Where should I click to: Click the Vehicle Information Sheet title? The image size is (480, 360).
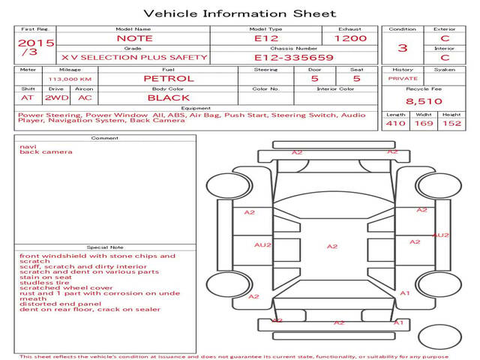click(239, 13)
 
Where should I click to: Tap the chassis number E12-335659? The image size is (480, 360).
click(283, 57)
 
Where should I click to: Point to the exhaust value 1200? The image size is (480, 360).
click(350, 38)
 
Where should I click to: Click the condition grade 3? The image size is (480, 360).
click(403, 48)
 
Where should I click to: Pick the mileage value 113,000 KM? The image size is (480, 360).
click(70, 78)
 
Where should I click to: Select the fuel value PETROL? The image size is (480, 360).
click(169, 78)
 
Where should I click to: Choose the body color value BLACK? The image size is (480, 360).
click(169, 97)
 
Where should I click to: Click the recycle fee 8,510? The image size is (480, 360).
click(424, 100)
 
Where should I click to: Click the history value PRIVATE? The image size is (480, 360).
click(403, 78)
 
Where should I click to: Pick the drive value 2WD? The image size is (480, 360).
click(53, 97)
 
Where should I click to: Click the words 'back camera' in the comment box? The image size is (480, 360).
click(46, 152)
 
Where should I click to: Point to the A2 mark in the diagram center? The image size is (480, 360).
click(332, 246)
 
